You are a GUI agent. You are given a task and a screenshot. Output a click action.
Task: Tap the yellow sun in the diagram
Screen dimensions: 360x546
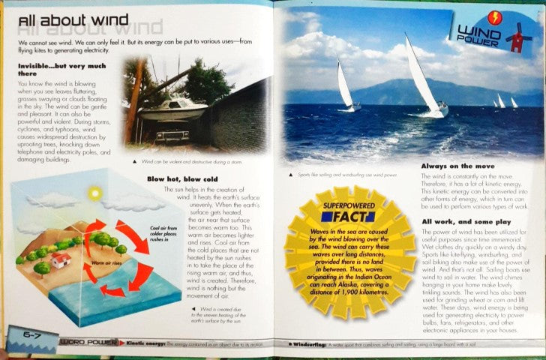click(94, 193)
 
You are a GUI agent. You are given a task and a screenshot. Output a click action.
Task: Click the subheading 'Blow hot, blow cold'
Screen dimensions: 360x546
click(182, 178)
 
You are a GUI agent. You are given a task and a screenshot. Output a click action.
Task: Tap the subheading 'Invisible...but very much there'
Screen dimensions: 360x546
click(57, 70)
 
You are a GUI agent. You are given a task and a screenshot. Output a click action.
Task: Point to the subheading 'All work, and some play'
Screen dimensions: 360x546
click(466, 221)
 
